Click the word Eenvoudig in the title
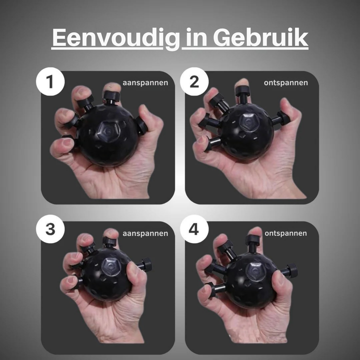click(x=115, y=38)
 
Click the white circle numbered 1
click(x=50, y=81)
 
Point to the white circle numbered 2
click(x=194, y=81)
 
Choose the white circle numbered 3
click(x=50, y=229)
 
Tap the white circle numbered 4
click(x=194, y=229)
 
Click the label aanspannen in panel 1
click(x=145, y=82)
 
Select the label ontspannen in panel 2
click(x=286, y=82)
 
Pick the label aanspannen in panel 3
click(x=145, y=233)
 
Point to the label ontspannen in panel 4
click(x=285, y=233)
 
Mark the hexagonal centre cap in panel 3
click(x=111, y=267)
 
